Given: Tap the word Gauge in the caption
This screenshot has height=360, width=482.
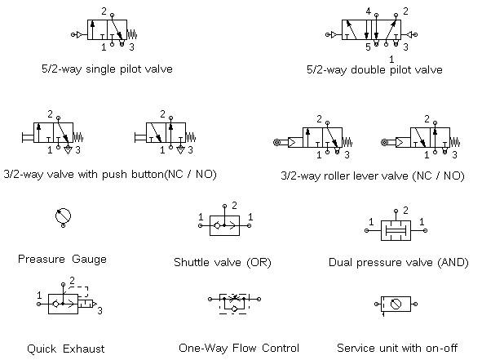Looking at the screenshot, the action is pyautogui.click(x=89, y=260).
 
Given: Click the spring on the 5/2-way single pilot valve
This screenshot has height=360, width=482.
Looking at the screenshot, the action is pyautogui.click(x=132, y=34).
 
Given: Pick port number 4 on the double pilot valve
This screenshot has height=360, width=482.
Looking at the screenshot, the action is pyautogui.click(x=369, y=11).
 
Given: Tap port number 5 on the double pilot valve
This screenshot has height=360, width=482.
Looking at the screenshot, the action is pyautogui.click(x=368, y=47).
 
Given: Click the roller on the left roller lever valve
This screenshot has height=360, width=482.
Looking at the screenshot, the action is pyautogui.click(x=276, y=143).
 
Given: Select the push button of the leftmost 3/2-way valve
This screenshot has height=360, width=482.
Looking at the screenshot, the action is pyautogui.click(x=28, y=137).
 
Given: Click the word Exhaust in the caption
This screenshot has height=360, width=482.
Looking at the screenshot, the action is pyautogui.click(x=84, y=349).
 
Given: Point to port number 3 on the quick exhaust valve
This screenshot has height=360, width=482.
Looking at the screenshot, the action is pyautogui.click(x=99, y=311).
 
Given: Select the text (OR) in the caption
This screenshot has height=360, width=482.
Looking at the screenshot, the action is pyautogui.click(x=259, y=263).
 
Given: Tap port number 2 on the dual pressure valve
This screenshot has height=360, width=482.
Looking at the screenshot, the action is pyautogui.click(x=406, y=211).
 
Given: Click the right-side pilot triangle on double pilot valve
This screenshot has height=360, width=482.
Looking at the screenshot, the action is pyautogui.click(x=409, y=34).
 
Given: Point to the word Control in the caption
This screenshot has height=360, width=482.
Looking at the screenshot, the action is pyautogui.click(x=281, y=348).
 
